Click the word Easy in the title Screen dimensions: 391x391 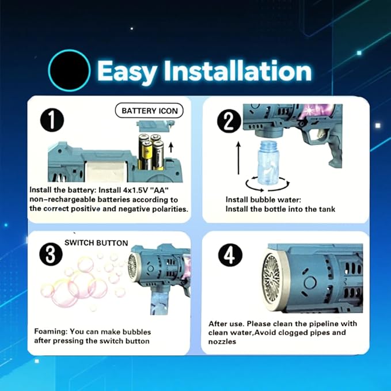coord(127,71)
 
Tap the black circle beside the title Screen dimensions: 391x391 coord(69,70)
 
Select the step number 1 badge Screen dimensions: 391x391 coord(52,120)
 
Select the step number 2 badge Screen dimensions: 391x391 coord(229,122)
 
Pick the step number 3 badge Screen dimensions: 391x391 coord(51,255)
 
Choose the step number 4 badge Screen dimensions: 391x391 coord(230,255)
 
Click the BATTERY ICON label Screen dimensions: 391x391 coord(149,111)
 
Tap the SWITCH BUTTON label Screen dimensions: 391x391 coord(96,243)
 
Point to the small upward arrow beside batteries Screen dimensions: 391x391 coord(171,147)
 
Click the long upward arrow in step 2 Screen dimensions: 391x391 coord(238,158)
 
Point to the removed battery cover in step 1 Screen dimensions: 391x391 coord(154,126)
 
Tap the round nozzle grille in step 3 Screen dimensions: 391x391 coord(132,266)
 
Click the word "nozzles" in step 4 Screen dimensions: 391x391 coord(222,341)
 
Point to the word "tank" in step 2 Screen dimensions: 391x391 coord(327,209)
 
